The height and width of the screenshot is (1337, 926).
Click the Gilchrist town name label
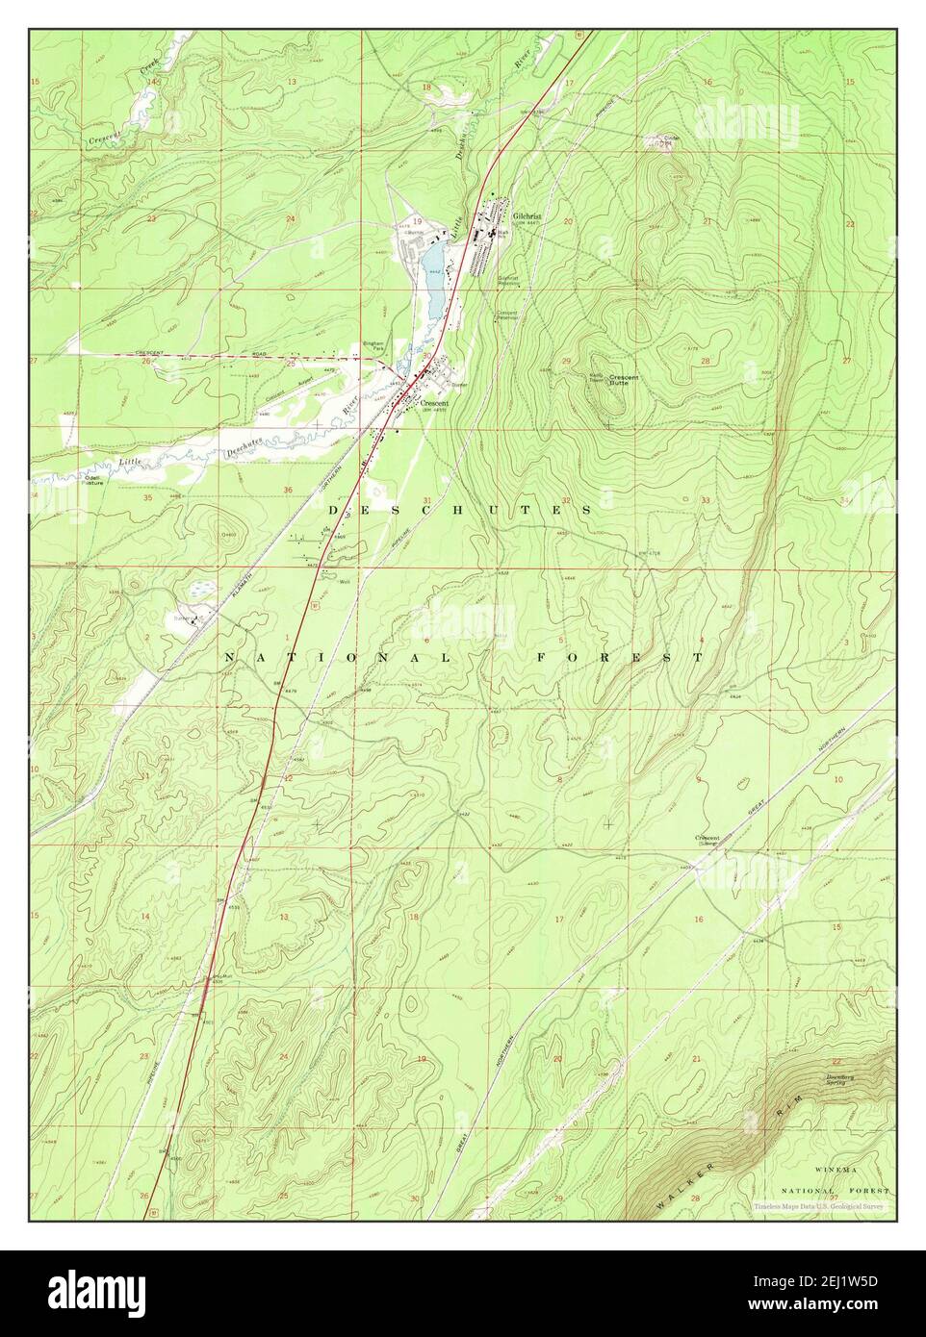click(x=527, y=216)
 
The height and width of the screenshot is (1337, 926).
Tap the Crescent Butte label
click(x=623, y=381)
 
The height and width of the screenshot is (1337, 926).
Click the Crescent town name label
click(x=433, y=403)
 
